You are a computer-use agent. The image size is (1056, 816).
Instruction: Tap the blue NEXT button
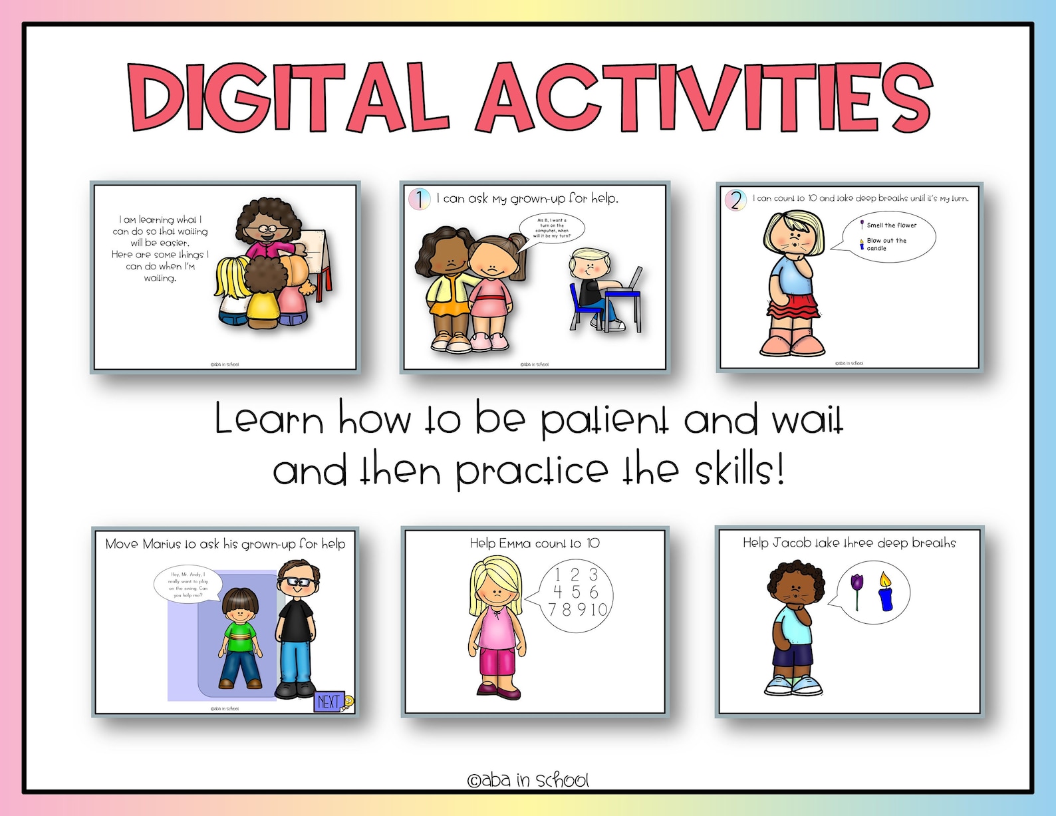[330, 701]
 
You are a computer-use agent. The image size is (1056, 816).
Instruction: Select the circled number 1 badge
[420, 199]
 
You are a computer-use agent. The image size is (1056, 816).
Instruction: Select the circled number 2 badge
[735, 200]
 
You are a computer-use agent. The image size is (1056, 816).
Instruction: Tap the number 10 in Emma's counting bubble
[598, 609]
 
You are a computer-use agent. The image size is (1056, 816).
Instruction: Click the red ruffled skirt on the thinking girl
[793, 307]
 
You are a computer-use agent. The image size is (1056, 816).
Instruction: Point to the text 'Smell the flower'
[891, 225]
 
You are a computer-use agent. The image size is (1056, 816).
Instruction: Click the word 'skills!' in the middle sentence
[739, 471]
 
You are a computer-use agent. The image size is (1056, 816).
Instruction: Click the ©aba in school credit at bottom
[528, 780]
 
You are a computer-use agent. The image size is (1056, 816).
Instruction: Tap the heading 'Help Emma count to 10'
[535, 543]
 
